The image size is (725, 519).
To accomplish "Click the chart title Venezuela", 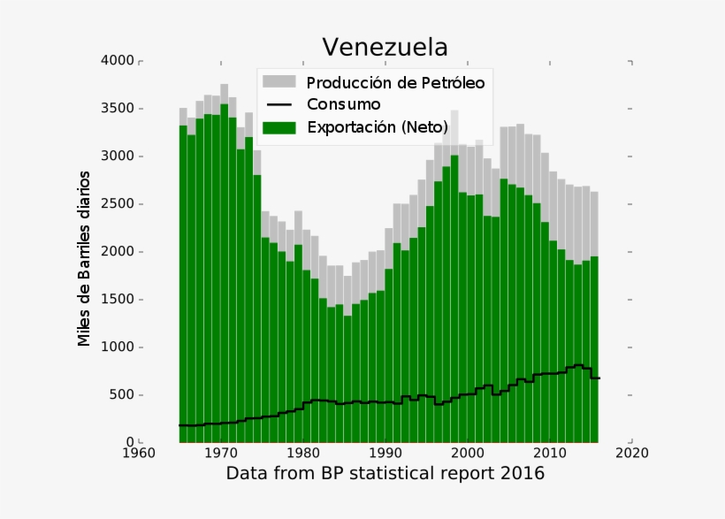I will point(385,47).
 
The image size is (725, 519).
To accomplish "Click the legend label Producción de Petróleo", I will point(395,83).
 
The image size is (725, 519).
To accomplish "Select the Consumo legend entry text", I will point(343,105).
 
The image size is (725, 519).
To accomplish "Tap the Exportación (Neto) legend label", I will point(377,127).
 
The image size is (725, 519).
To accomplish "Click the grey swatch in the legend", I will point(279,82).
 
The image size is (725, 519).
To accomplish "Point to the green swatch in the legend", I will point(279,127).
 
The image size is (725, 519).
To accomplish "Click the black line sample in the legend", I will point(279,105).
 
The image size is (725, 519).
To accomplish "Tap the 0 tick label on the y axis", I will point(129,442).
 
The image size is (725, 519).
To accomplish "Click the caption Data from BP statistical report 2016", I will point(385,474).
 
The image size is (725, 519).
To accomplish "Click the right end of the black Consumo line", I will point(599,378).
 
